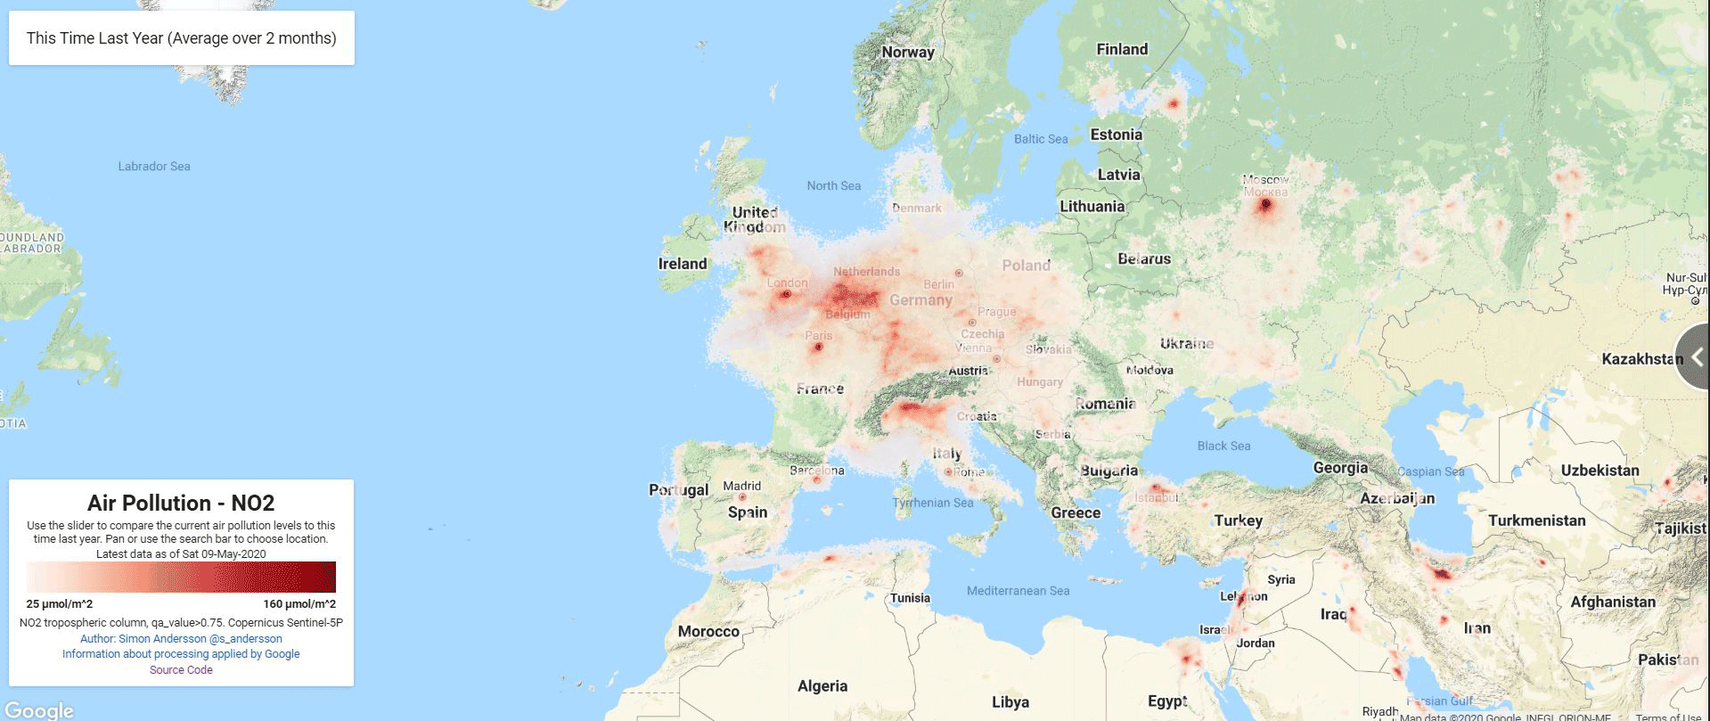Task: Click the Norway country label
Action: pos(908,52)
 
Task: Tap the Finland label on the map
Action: pos(1122,49)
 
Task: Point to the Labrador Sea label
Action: pos(154,166)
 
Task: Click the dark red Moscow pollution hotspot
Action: pos(1265,205)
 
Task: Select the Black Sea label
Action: pos(1223,446)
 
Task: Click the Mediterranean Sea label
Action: pos(1018,590)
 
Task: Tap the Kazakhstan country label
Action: pos(1642,359)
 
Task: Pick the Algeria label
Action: pos(822,685)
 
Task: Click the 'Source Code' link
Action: pos(181,670)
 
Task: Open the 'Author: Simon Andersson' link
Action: pos(181,638)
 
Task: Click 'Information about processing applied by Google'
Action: pos(181,653)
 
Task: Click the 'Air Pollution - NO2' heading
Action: pos(181,503)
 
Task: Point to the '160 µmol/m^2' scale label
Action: pos(299,604)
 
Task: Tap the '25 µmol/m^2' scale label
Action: pos(60,604)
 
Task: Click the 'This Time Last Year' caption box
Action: pos(181,38)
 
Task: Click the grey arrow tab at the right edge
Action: pos(1694,357)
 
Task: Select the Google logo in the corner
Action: pos(37,709)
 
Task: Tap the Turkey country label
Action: pos(1238,520)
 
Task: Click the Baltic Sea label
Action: pos(1041,139)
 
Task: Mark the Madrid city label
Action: pos(741,486)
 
